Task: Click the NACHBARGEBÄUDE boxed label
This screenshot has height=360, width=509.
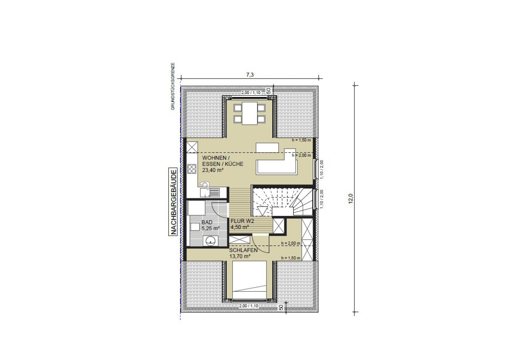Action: [x=173, y=202]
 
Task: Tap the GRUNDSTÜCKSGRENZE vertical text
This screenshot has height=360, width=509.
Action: [x=173, y=87]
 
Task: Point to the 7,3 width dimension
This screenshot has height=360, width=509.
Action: [x=250, y=75]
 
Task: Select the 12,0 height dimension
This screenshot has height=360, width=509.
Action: [x=350, y=199]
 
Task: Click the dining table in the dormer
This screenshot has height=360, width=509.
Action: [x=249, y=113]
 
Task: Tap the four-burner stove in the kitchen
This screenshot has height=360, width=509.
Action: [x=192, y=169]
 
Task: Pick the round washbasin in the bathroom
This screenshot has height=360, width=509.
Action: [x=211, y=241]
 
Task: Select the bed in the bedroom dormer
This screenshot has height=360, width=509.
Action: [x=249, y=280]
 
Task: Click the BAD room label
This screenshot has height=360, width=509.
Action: [x=207, y=222]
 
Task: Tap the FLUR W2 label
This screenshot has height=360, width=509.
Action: [x=242, y=221]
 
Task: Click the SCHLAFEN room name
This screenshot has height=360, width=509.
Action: [x=243, y=250]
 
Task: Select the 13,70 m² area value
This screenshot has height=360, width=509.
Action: [x=240, y=256]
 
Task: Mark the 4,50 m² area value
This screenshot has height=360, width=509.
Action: [x=240, y=227]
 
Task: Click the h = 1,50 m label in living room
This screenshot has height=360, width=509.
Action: [x=301, y=140]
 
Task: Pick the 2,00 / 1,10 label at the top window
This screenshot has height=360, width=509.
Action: [x=251, y=92]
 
